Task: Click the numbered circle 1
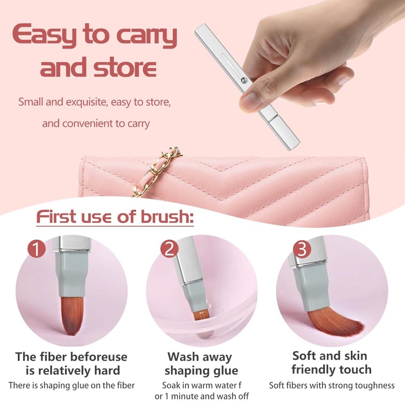(x=37, y=249)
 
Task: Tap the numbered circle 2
(x=169, y=249)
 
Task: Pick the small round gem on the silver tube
(x=243, y=81)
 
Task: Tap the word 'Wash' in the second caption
(x=183, y=357)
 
